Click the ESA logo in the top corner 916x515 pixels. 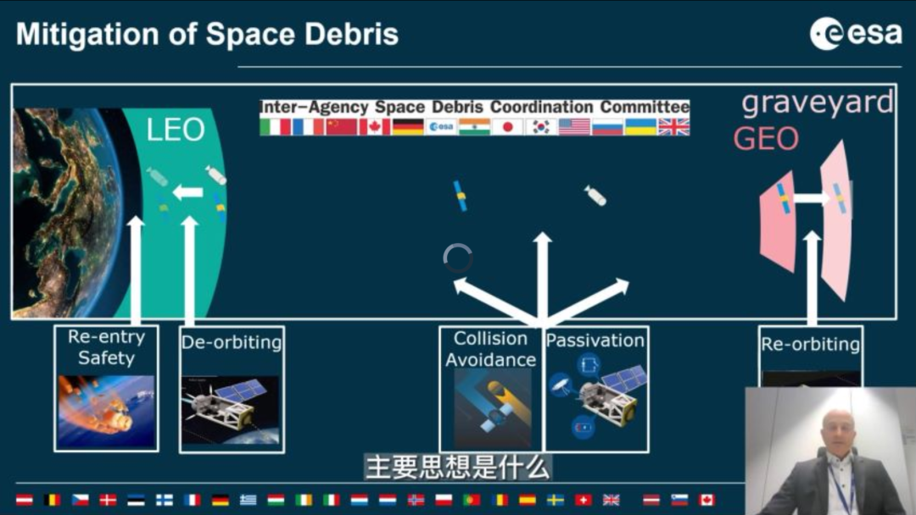pyautogui.click(x=856, y=33)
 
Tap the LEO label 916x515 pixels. pyautogui.click(x=176, y=130)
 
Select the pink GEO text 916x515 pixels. pyautogui.click(x=766, y=139)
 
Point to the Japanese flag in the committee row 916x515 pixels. pyautogui.click(x=507, y=126)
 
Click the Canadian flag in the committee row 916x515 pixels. pyautogui.click(x=375, y=126)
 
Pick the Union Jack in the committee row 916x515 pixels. pyautogui.click(x=673, y=126)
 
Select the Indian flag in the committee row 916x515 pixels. pyautogui.click(x=474, y=126)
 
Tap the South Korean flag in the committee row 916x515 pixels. pyautogui.click(x=540, y=126)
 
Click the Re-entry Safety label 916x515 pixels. pyautogui.click(x=106, y=347)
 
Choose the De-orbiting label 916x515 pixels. pyautogui.click(x=232, y=342)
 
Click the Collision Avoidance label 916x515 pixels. pyautogui.click(x=491, y=349)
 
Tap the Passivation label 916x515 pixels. pyautogui.click(x=595, y=341)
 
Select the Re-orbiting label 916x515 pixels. pyautogui.click(x=810, y=344)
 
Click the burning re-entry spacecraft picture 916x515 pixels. pyautogui.click(x=106, y=411)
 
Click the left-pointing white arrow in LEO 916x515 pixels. pyautogui.click(x=187, y=192)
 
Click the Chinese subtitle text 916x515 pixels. pyautogui.click(x=458, y=468)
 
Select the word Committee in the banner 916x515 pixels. pyautogui.click(x=645, y=108)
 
